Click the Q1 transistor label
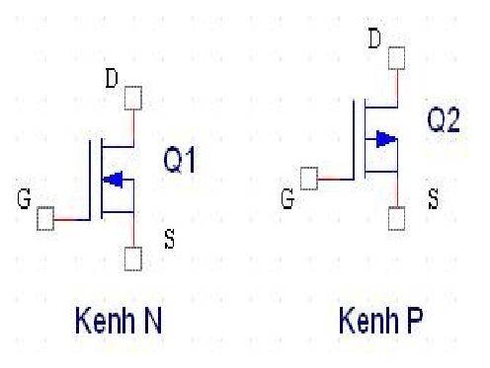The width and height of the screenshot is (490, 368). pyautogui.click(x=180, y=160)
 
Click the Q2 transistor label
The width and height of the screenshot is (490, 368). pyautogui.click(x=444, y=119)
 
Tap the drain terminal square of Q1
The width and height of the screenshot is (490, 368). pyautogui.click(x=133, y=98)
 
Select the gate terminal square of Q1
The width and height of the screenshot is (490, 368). pyautogui.click(x=45, y=219)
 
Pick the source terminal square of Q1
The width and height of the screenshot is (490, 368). pyautogui.click(x=133, y=258)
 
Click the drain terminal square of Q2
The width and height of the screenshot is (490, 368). pyautogui.click(x=396, y=58)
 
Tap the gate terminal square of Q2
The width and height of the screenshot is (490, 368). pyautogui.click(x=309, y=179)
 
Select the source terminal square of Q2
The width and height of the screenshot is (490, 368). pyautogui.click(x=396, y=218)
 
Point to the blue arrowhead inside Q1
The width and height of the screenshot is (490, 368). pyautogui.click(x=113, y=180)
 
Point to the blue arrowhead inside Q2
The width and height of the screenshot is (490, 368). pyautogui.click(x=386, y=139)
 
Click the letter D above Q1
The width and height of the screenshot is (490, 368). pyautogui.click(x=112, y=78)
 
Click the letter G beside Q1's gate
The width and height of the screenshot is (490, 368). pyautogui.click(x=24, y=198)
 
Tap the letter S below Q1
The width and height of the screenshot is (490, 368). pyautogui.click(x=169, y=239)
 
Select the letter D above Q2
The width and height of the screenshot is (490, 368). pyautogui.click(x=374, y=38)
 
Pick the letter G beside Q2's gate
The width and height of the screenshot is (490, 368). pyautogui.click(x=287, y=198)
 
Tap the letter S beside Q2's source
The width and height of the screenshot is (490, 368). pyautogui.click(x=433, y=198)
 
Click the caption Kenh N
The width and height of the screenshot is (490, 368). pyautogui.click(x=119, y=320)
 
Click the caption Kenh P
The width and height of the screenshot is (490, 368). pyautogui.click(x=381, y=320)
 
